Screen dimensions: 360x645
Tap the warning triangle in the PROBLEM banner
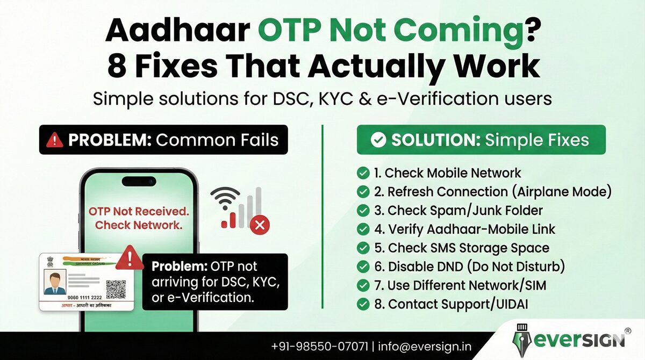[x=54, y=140]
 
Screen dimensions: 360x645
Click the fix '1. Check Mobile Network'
[x=447, y=173]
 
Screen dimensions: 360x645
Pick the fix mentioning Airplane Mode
[x=492, y=192]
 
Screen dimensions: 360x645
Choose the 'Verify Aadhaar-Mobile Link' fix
[x=464, y=229]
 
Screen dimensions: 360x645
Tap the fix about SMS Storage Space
[x=461, y=248]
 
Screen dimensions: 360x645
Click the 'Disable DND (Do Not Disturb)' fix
[x=469, y=267]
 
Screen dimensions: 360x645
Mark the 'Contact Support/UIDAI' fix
[x=450, y=304]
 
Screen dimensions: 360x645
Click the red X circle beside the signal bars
[x=261, y=224]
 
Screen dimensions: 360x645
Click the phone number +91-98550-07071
[x=319, y=347]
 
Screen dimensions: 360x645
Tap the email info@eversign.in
[x=425, y=347]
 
